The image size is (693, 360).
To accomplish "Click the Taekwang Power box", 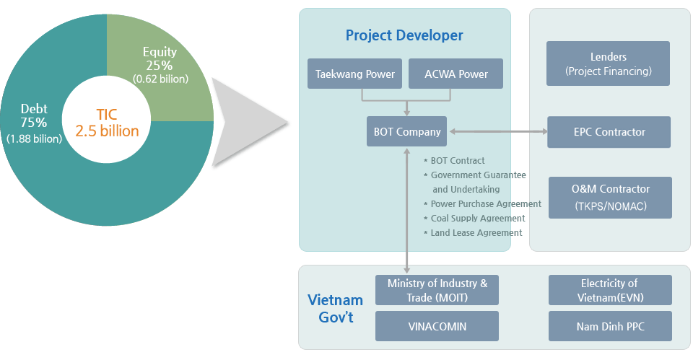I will [x=354, y=74].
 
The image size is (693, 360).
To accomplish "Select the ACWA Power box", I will [x=456, y=74].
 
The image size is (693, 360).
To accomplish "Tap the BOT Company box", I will [x=406, y=132].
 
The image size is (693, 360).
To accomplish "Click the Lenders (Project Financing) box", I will [x=608, y=63].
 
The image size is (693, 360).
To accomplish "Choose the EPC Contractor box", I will [x=609, y=132].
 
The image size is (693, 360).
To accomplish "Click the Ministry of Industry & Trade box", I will [x=437, y=290].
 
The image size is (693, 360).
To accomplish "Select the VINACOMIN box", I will [x=437, y=326].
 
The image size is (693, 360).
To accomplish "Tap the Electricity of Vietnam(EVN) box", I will [x=610, y=290].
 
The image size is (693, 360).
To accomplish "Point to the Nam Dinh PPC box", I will [x=610, y=326].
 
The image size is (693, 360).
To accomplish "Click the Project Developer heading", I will [x=404, y=35].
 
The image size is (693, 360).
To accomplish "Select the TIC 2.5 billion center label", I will [x=107, y=123].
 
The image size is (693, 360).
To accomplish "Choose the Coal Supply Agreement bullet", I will [x=477, y=219].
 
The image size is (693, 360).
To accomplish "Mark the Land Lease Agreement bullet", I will [x=476, y=233].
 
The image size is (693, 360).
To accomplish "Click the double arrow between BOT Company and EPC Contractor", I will [x=497, y=132].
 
